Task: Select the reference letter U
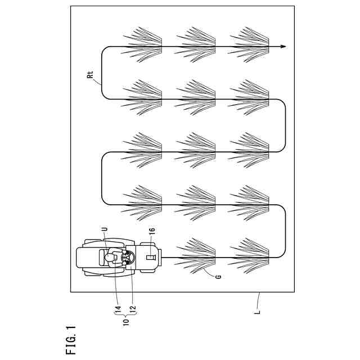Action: pos(105,229)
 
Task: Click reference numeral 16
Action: pos(152,230)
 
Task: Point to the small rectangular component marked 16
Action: pos(151,257)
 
